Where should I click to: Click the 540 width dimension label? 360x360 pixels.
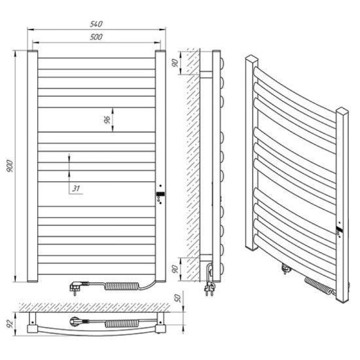pyautogui.click(x=96, y=24)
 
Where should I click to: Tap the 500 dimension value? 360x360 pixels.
pyautogui.click(x=96, y=37)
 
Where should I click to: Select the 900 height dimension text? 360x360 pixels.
pyautogui.click(x=10, y=166)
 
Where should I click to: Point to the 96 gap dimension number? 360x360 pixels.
pyautogui.click(x=107, y=120)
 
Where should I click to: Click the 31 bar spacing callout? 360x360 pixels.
pyautogui.click(x=76, y=189)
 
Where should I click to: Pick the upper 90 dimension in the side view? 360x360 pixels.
pyautogui.click(x=175, y=63)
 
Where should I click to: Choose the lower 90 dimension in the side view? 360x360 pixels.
pyautogui.click(x=175, y=268)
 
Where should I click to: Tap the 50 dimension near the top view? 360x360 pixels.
pyautogui.click(x=178, y=298)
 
